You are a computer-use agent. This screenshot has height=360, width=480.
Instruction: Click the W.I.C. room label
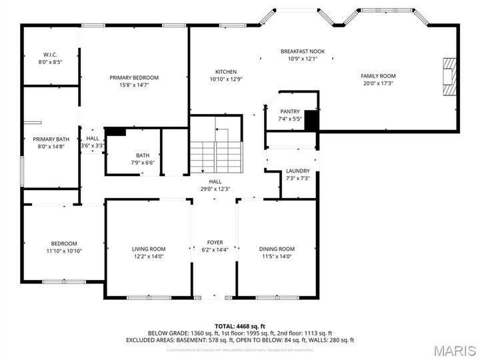tap(51, 54)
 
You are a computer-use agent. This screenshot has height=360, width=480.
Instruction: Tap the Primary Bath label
tap(47, 139)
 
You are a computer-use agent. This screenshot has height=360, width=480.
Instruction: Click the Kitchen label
tap(225, 72)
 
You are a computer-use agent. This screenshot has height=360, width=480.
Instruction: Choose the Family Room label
tap(378, 76)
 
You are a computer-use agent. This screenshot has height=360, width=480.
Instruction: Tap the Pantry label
tap(290, 112)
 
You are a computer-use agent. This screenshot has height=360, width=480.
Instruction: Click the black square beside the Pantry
tap(309, 120)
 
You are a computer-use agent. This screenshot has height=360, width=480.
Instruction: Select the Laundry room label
tap(297, 171)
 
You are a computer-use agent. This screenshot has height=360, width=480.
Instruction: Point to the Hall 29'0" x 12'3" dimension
tap(215, 189)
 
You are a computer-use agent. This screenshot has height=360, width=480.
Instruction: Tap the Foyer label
tap(215, 242)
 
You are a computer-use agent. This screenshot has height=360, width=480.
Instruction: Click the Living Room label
tap(149, 249)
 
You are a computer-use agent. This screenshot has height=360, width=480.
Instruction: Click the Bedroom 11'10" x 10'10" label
tap(64, 247)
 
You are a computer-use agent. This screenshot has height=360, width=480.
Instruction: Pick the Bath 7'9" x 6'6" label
tap(143, 159)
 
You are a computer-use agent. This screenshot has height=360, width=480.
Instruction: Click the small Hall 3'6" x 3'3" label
tap(92, 142)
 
